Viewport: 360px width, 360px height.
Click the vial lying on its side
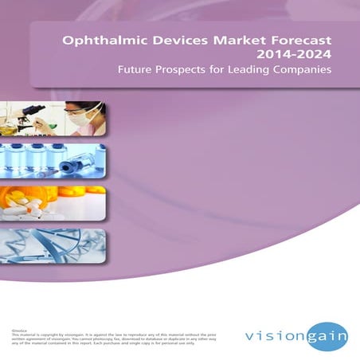[80, 170]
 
